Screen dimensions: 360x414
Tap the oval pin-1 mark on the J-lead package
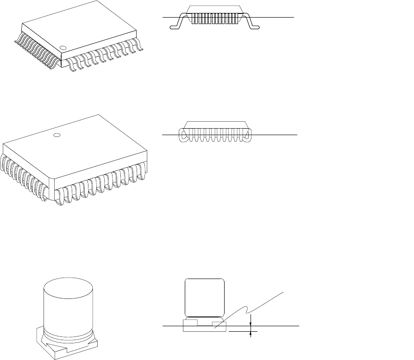57,136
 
